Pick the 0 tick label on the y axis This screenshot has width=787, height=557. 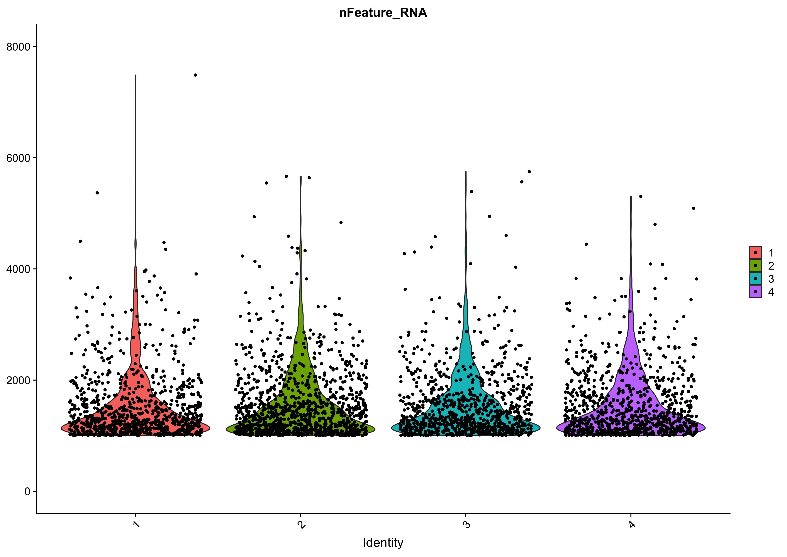27,491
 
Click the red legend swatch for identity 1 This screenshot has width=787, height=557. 755,252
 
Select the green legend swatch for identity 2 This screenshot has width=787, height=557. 755,265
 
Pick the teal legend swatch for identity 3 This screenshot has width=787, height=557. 755,278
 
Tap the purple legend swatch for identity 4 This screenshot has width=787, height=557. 755,292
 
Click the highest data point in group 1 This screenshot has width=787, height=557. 195,75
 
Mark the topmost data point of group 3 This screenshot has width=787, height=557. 529,172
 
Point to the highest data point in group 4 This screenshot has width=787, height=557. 640,196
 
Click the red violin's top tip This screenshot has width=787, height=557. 136,75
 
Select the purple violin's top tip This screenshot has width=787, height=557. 631,197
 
